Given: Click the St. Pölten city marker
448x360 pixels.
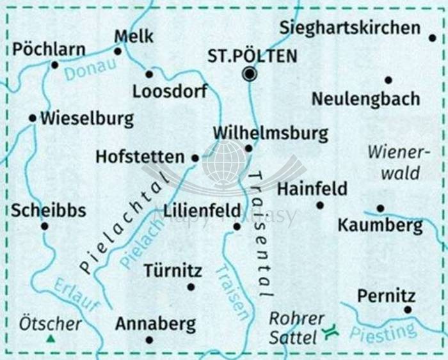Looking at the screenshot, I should coord(249,75).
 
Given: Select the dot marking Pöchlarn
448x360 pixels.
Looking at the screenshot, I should coord(55,65).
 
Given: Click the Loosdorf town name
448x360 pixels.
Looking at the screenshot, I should coord(170,92).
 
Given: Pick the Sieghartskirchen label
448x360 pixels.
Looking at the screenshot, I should coord(350,27).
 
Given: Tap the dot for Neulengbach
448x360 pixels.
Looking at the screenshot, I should coord(388,80).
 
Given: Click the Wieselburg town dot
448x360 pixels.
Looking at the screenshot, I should coord(33,118).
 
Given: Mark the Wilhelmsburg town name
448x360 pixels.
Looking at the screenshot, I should coord(270,133).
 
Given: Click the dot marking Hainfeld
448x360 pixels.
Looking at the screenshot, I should coord(320,205).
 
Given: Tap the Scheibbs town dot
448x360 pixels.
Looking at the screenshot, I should coord(45,226).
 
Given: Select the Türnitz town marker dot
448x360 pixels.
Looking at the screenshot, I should coord(191,286).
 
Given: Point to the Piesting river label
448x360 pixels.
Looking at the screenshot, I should coord(383,332).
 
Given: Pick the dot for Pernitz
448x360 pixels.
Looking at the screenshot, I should coord(408,310).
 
